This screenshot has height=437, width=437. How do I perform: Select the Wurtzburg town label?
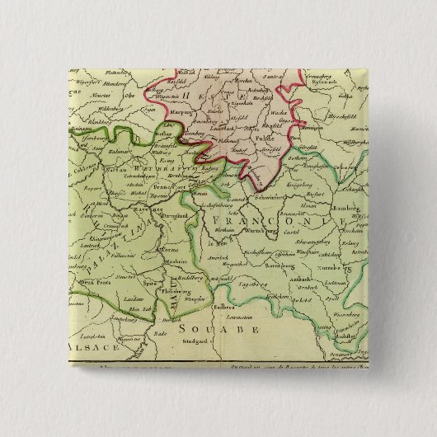point(239,233)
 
